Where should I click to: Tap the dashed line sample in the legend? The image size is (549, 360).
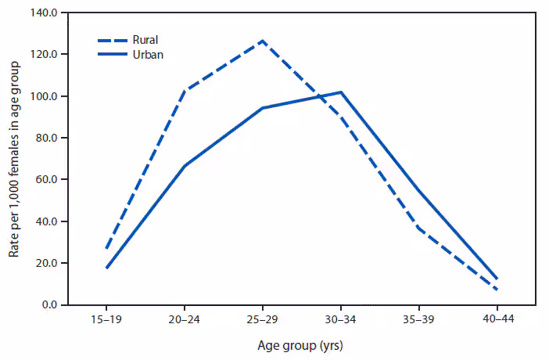pos(113,39)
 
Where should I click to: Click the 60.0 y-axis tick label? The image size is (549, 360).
pos(45,180)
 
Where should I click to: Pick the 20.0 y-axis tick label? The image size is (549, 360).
pos(45,263)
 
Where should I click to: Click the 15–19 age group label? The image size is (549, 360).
pos(106,321)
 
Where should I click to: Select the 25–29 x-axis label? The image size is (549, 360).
pos(262,321)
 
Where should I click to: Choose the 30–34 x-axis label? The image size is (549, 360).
pos(340,321)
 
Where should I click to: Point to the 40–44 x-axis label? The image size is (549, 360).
pos(497,321)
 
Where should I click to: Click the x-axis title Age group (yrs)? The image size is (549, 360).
pos(300,345)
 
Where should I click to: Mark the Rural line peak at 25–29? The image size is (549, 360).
pos(262,41)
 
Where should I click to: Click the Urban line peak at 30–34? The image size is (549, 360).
pos(340,92)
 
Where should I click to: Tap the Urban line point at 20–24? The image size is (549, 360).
pos(184,166)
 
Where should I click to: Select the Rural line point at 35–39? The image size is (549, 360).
pos(418,228)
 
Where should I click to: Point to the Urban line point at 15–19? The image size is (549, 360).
pos(106,268)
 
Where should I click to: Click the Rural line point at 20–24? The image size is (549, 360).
pos(184,91)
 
